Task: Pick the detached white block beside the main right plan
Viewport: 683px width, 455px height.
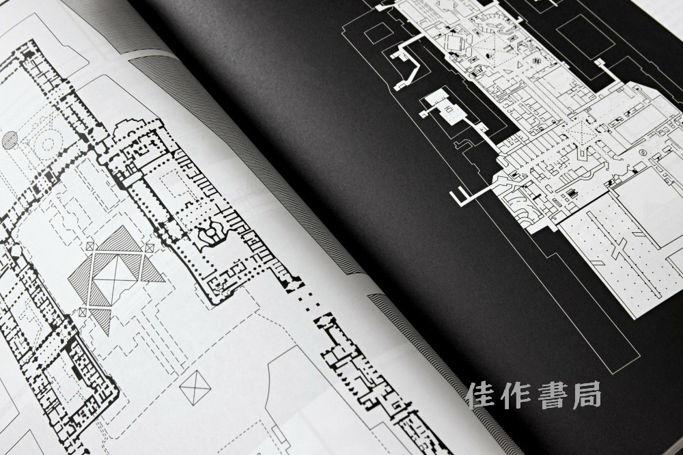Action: (x=443, y=109)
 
